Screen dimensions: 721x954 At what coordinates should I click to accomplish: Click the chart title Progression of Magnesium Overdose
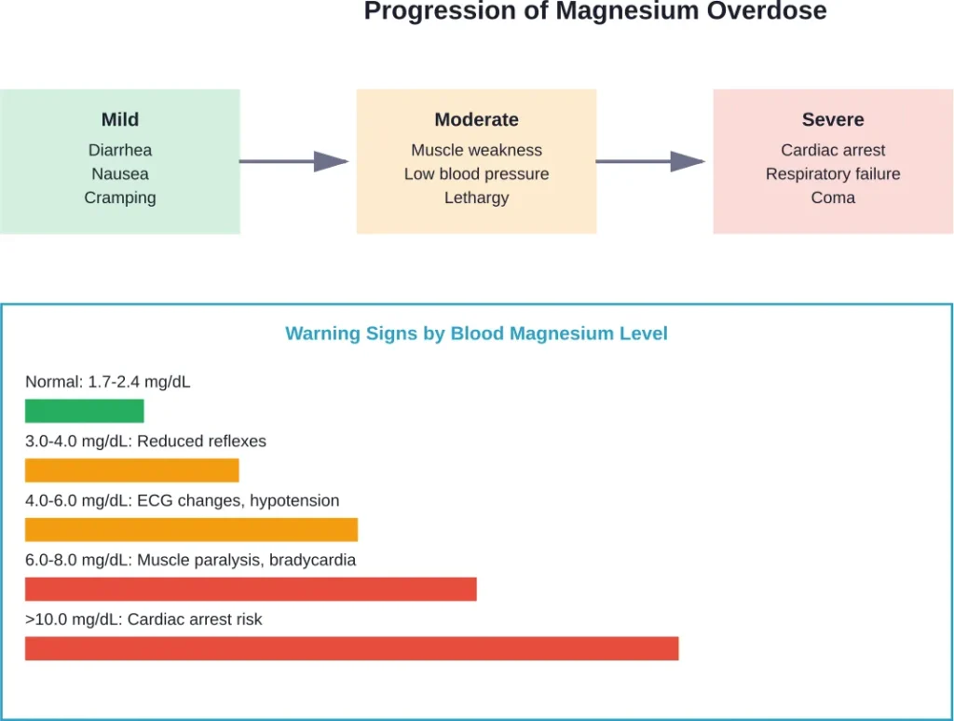pyautogui.click(x=594, y=12)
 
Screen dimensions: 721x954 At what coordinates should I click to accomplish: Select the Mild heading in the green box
pyautogui.click(x=120, y=119)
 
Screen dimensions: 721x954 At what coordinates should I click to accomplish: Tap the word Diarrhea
pyautogui.click(x=120, y=150)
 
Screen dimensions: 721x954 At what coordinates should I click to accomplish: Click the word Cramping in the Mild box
pyautogui.click(x=120, y=197)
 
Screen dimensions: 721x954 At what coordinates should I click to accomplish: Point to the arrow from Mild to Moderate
pyautogui.click(x=293, y=161)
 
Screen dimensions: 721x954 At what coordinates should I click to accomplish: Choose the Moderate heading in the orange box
pyautogui.click(x=476, y=119)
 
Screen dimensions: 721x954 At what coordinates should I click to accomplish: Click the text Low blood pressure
pyautogui.click(x=476, y=174)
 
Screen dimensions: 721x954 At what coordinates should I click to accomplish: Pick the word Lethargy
pyautogui.click(x=476, y=197)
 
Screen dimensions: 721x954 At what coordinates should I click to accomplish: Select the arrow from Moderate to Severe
pyautogui.click(x=650, y=161)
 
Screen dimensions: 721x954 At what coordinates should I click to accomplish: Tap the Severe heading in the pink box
pyautogui.click(x=833, y=119)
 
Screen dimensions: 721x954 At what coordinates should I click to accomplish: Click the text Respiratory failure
pyautogui.click(x=833, y=174)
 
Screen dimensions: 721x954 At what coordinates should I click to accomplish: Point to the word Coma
pyautogui.click(x=833, y=197)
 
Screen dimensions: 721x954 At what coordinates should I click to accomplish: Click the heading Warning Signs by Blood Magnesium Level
pyautogui.click(x=476, y=333)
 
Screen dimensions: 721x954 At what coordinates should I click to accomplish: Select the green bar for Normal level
pyautogui.click(x=85, y=411)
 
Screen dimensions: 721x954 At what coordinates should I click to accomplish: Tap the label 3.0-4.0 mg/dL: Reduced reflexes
pyautogui.click(x=145, y=442)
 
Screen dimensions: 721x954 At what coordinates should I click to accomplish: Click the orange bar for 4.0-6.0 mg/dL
pyautogui.click(x=191, y=529)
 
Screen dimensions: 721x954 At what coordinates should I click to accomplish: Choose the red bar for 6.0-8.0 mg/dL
pyautogui.click(x=251, y=589)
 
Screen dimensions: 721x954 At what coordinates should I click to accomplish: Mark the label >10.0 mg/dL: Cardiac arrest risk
pyautogui.click(x=143, y=619)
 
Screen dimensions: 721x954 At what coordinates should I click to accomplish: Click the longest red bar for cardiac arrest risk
pyautogui.click(x=351, y=648)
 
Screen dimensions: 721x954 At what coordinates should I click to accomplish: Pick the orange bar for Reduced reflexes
pyautogui.click(x=131, y=470)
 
